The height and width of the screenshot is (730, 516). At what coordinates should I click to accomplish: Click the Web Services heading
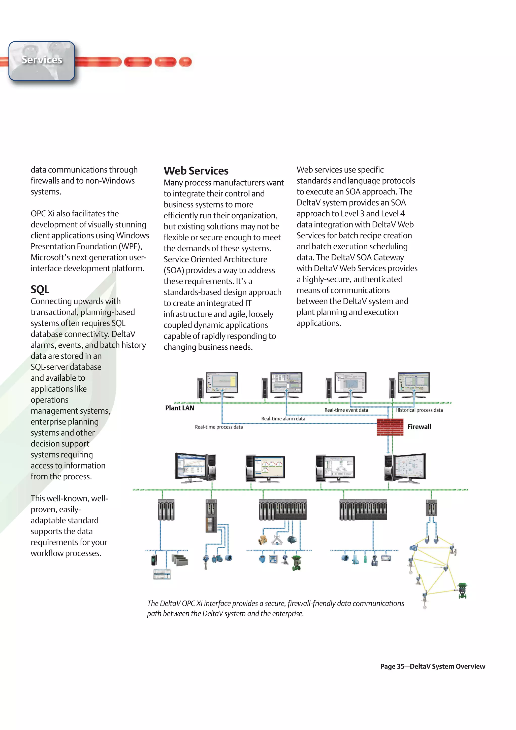click(196, 171)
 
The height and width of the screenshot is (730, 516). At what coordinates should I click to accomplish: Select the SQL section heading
click(40, 289)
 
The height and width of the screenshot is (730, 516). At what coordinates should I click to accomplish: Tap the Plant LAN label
click(179, 408)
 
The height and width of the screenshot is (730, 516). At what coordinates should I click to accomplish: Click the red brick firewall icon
click(390, 427)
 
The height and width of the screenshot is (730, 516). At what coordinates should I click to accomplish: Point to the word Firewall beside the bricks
click(419, 427)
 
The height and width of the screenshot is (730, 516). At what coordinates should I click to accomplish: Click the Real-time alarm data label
click(283, 419)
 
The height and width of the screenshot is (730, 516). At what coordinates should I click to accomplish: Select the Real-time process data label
click(219, 427)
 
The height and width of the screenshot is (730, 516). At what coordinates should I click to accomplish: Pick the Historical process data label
click(419, 410)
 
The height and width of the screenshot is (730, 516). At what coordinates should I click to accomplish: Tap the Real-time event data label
click(346, 410)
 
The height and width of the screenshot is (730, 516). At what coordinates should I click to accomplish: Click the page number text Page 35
click(392, 667)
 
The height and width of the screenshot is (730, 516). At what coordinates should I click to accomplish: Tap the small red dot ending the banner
click(185, 62)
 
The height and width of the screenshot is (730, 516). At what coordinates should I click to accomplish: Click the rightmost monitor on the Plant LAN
click(414, 383)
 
